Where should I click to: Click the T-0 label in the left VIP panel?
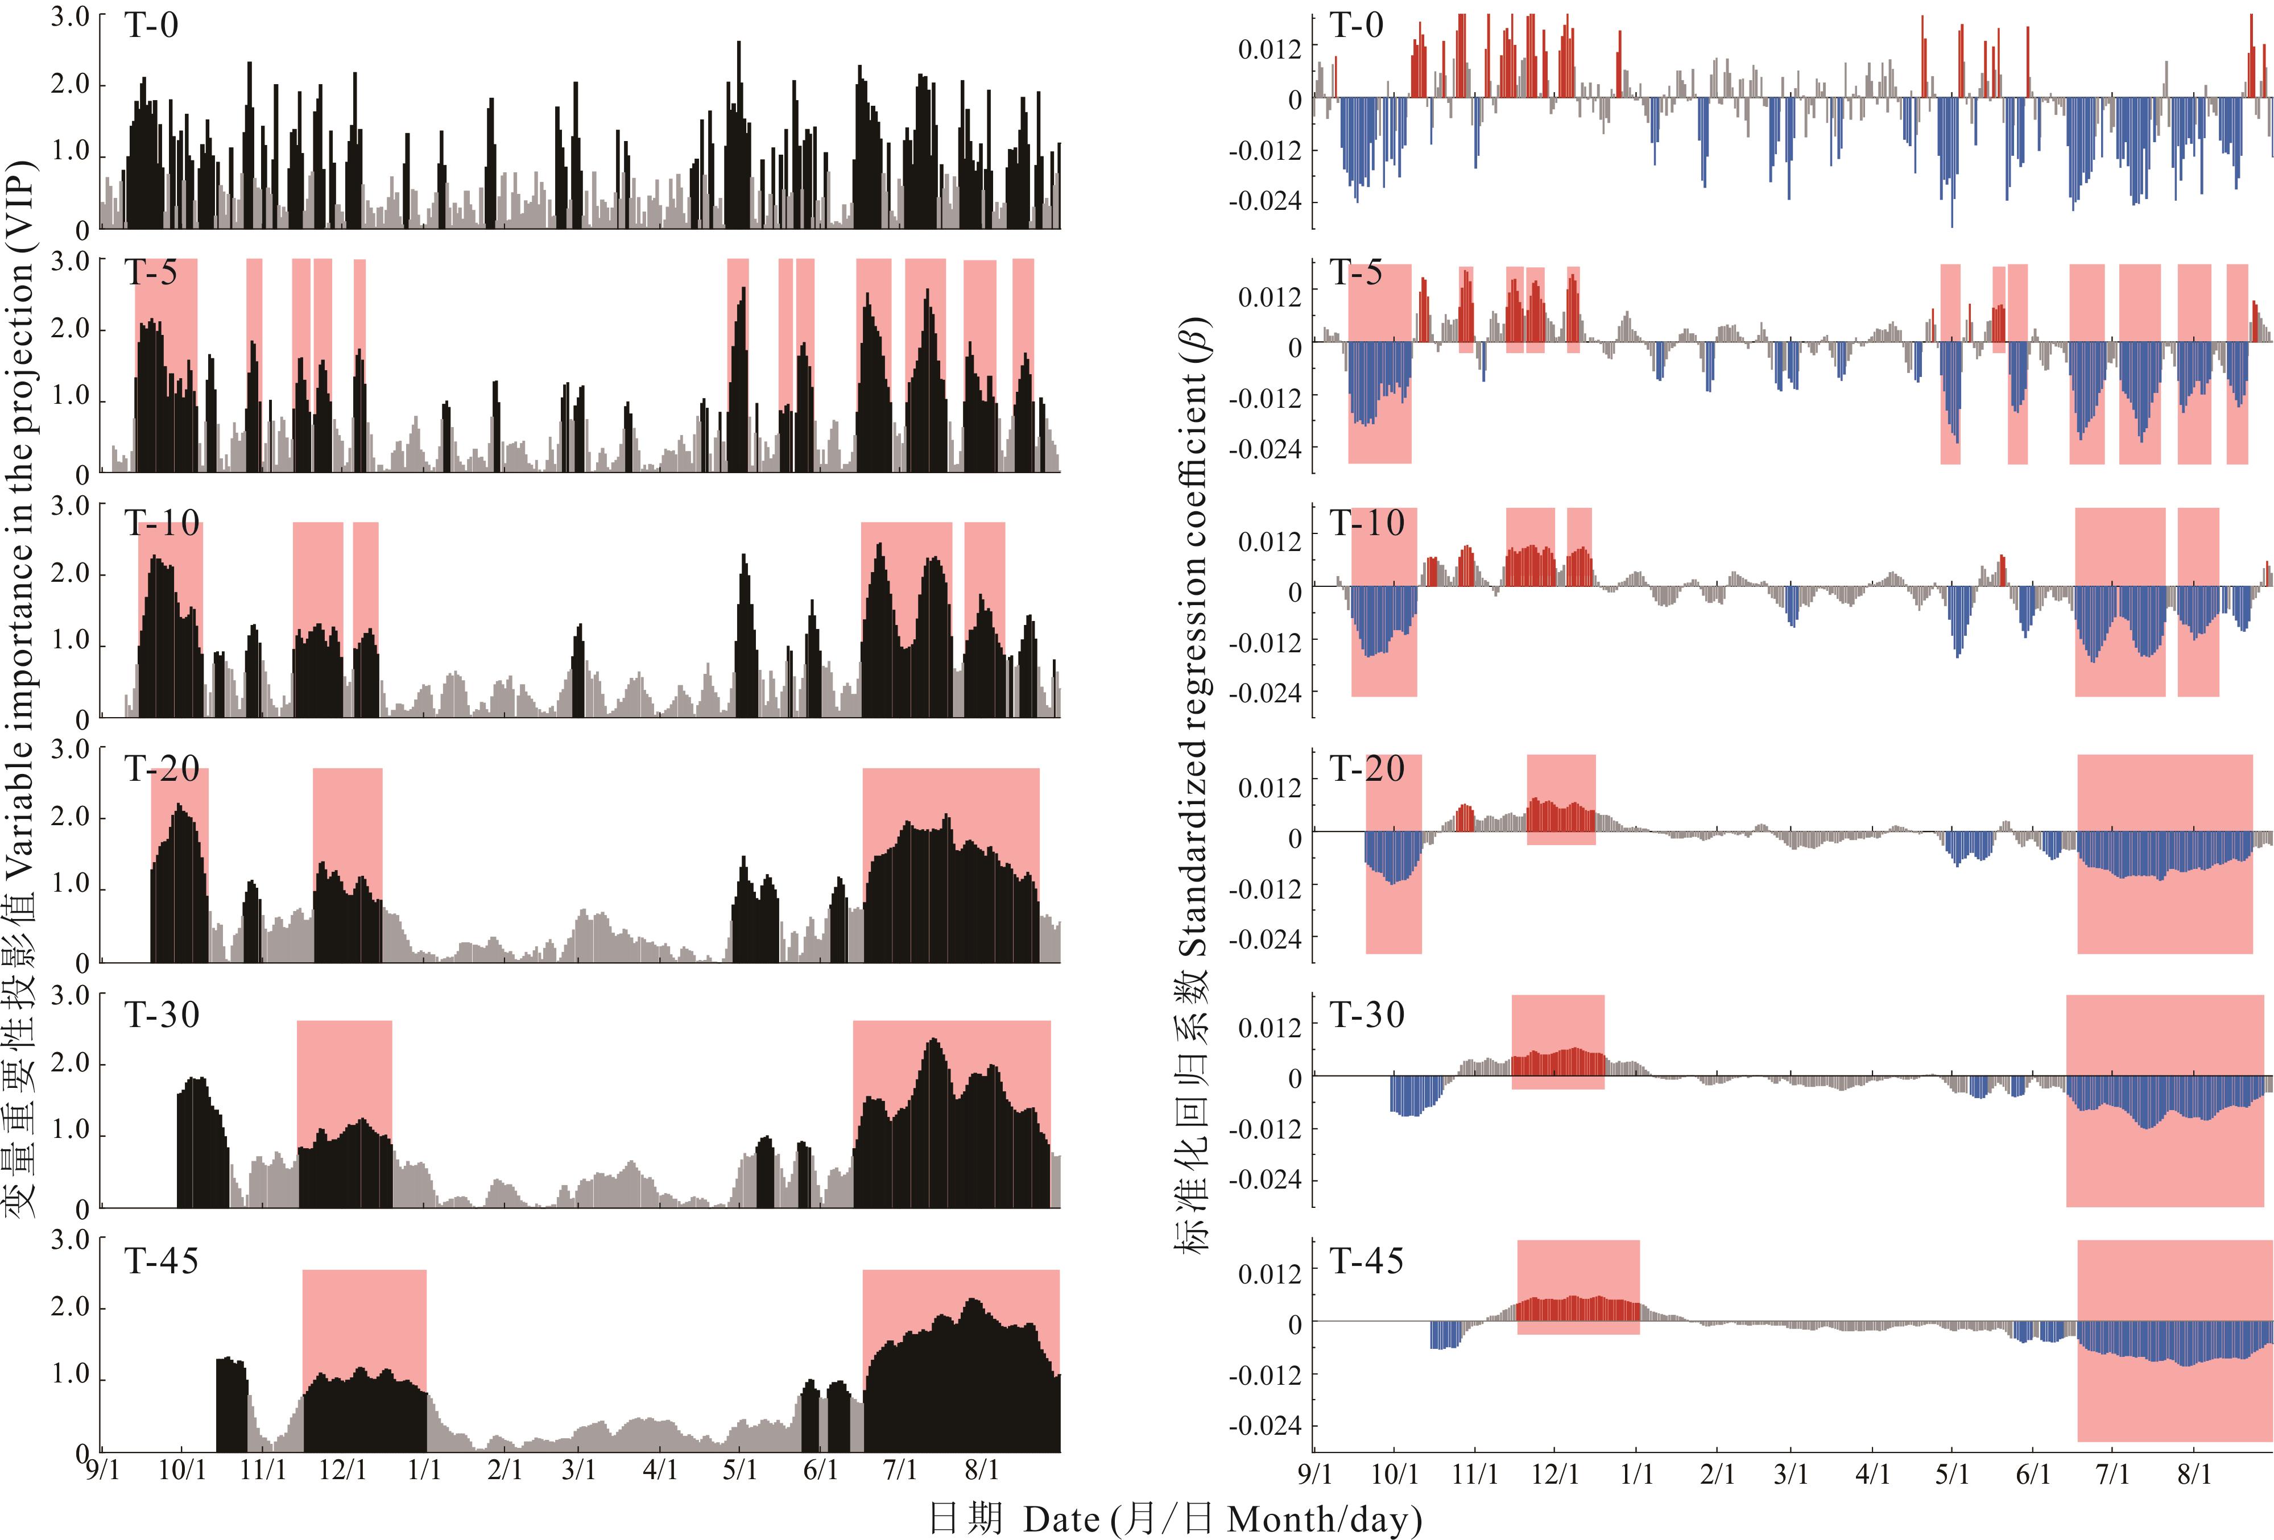click(152, 26)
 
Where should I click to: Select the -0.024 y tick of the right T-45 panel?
click(1265, 1426)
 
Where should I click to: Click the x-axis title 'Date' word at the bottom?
click(1062, 1520)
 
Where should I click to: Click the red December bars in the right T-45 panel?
click(1577, 1309)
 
